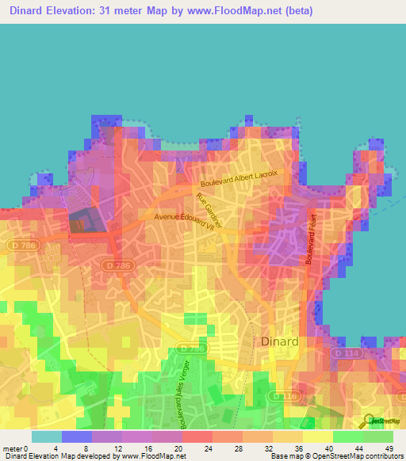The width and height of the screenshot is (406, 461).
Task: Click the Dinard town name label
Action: coord(280,341)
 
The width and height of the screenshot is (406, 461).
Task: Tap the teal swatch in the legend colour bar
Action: coord(47,436)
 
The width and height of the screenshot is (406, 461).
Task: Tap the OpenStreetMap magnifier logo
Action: coord(368,421)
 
